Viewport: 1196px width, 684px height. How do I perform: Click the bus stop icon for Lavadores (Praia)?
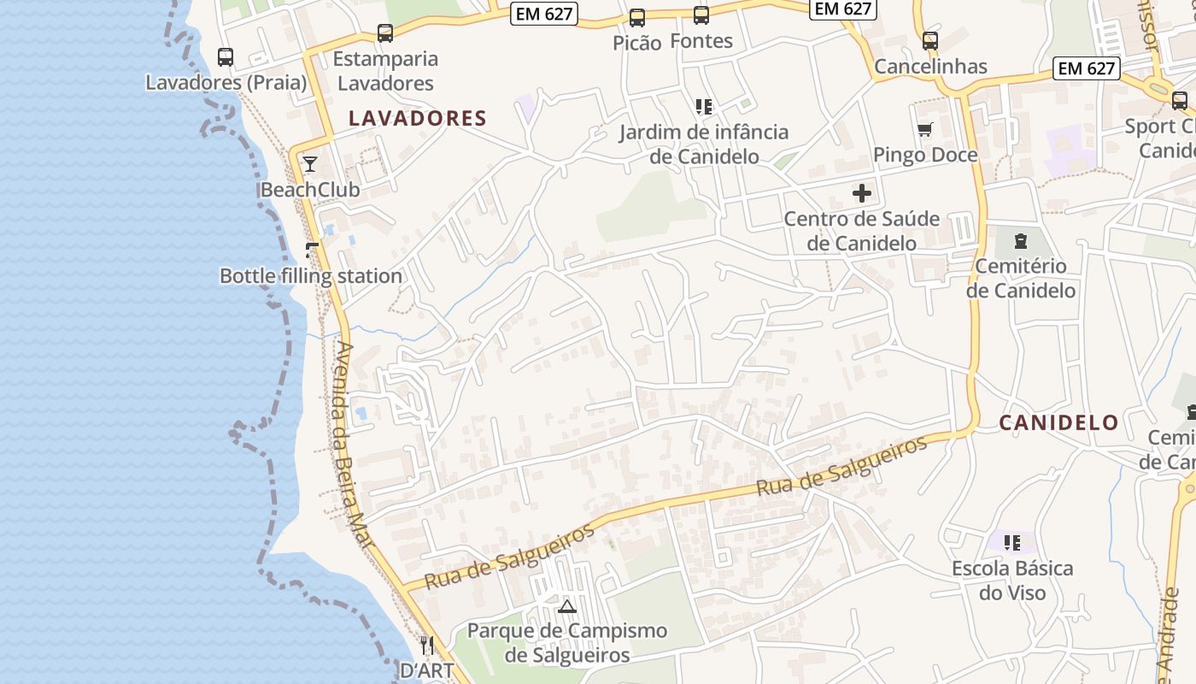point(226,57)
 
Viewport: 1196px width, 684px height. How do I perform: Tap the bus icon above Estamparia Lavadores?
point(385,33)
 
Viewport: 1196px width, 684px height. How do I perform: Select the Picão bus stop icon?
point(637,18)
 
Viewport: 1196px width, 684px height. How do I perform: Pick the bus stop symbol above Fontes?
point(701,15)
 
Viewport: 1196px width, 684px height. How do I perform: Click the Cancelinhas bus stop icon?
point(930,40)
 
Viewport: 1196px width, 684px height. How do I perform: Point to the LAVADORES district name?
point(417,118)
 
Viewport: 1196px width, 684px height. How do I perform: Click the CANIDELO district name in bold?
point(1058,422)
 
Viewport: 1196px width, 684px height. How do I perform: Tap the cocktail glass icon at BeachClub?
point(309,164)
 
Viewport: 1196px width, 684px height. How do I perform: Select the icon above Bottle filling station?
point(312,251)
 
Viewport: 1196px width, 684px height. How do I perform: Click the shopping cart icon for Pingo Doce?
point(924,130)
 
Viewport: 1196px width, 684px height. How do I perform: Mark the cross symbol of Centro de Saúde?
point(862,193)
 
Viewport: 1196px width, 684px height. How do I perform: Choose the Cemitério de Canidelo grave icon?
point(1021,241)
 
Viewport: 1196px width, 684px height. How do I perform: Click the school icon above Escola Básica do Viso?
point(1012,543)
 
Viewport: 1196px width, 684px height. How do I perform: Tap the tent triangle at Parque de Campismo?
point(566,607)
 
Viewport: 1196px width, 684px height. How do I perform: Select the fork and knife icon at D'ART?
point(427,646)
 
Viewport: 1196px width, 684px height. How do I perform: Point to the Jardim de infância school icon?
point(704,107)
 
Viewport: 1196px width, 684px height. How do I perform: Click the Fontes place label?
point(701,40)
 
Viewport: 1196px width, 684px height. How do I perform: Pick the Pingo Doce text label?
point(925,155)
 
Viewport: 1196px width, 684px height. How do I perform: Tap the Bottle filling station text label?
point(311,276)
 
